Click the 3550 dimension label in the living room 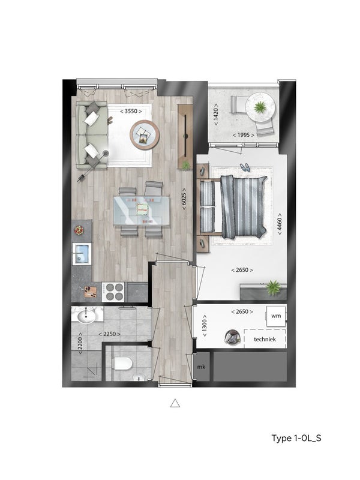click(131, 111)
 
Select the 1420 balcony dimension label click(216, 114)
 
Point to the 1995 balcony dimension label click(244, 134)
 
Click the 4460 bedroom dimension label click(280, 224)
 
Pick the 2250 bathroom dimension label click(109, 334)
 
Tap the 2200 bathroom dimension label click(80, 343)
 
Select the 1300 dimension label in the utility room click(205, 326)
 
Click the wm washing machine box click(276, 316)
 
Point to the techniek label click(265, 339)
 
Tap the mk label click(201, 367)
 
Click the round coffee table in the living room click(145, 134)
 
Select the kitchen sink click(82, 254)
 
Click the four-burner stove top click(113, 292)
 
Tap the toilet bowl click(122, 364)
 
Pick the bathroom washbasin click(86, 317)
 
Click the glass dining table click(142, 212)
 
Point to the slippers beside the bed click(245, 167)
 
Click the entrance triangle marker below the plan click(175, 403)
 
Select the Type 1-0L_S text click(296, 438)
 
